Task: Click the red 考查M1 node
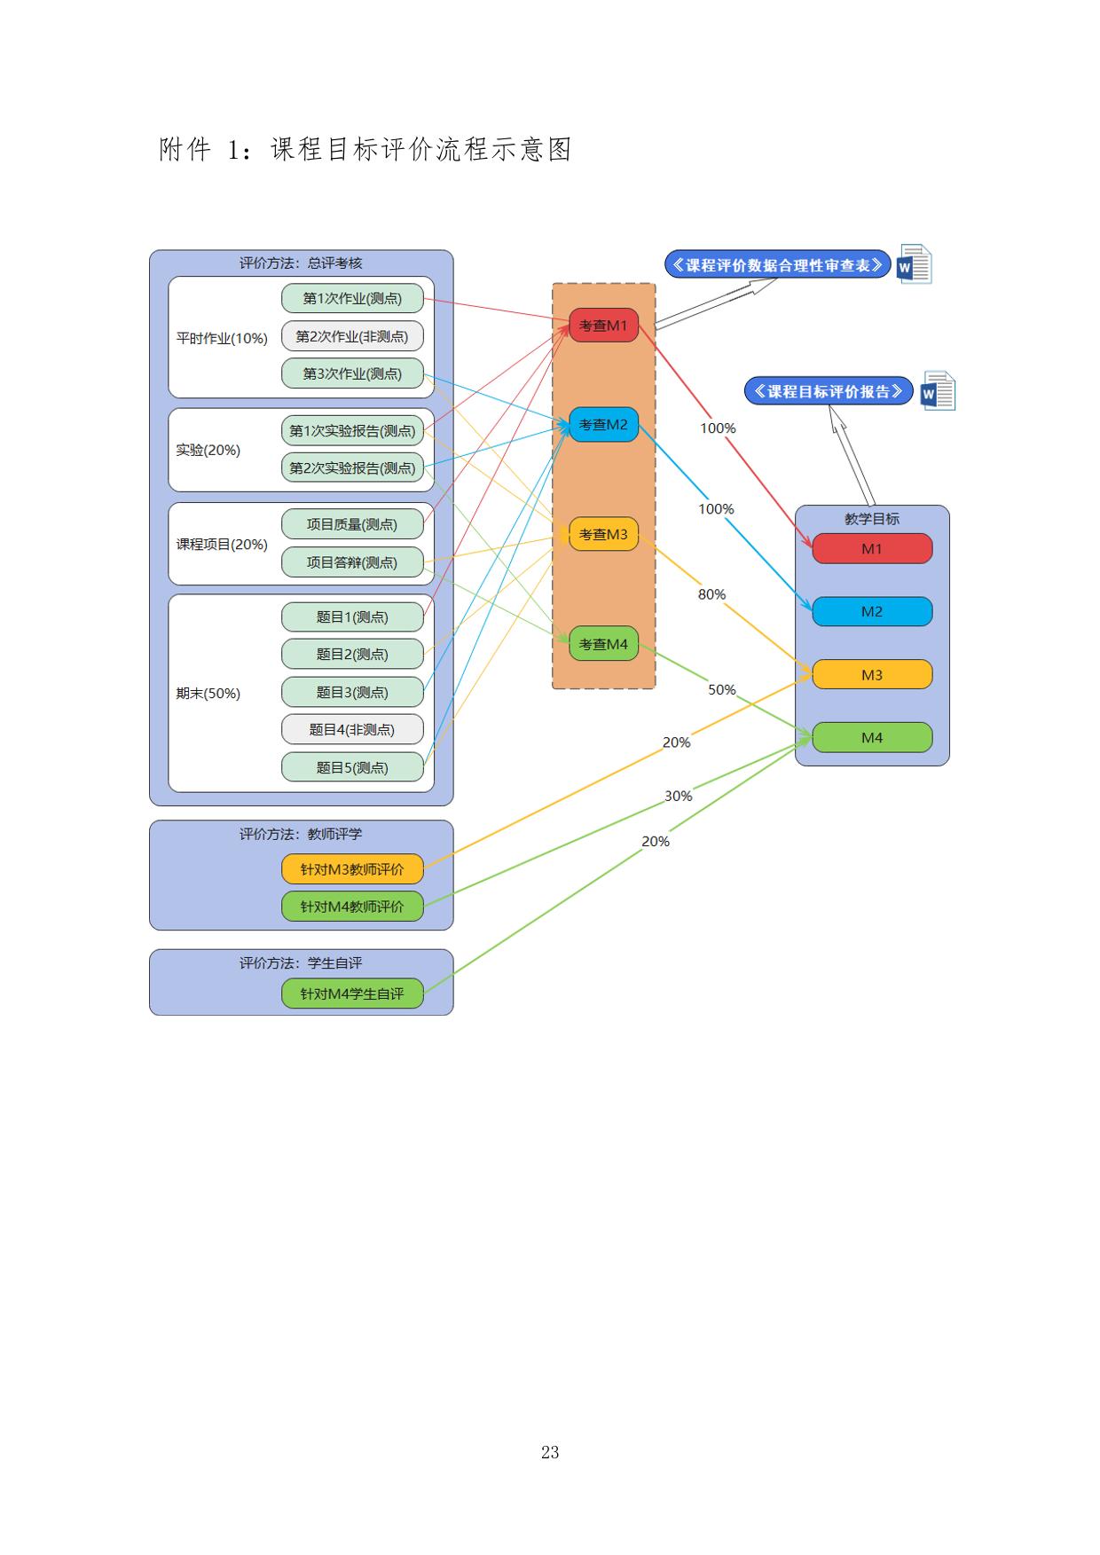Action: [603, 326]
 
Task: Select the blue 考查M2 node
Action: [603, 425]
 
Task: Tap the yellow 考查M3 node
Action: [603, 534]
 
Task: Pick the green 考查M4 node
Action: [603, 644]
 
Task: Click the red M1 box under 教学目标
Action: [872, 549]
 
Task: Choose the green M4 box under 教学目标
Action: [872, 737]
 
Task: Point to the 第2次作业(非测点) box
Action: [352, 336]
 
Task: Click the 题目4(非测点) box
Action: [352, 730]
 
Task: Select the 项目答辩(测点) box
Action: [352, 562]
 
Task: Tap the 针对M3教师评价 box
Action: [352, 869]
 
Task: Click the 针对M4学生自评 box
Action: [352, 993]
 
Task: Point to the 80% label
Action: [711, 594]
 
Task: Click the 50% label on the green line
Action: [721, 689]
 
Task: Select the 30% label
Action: [678, 796]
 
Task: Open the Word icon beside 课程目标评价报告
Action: [938, 391]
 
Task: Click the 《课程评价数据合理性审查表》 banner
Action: [777, 264]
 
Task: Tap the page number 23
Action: [550, 1452]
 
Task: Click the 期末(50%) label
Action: [208, 694]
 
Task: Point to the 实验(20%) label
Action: [208, 450]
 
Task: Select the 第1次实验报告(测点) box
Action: [352, 431]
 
